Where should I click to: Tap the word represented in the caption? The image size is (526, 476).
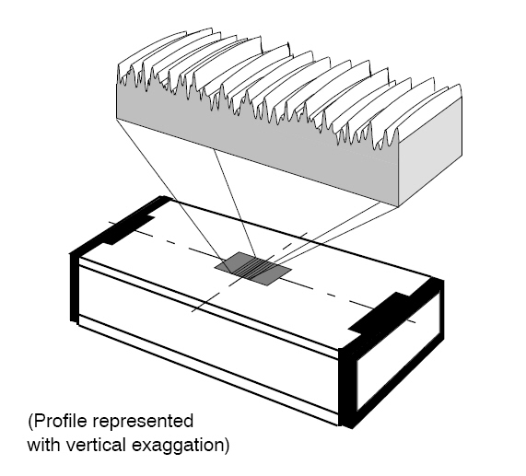[x=142, y=422]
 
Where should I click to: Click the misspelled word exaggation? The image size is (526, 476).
[x=177, y=447]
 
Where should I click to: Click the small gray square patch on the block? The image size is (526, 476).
[x=253, y=269]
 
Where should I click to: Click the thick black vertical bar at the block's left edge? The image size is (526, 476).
[x=74, y=287]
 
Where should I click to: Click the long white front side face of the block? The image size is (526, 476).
[x=209, y=339]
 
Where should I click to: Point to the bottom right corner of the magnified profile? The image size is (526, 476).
[x=398, y=206]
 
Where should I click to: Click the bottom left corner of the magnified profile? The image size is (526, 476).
[x=117, y=118]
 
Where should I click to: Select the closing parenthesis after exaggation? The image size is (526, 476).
[x=227, y=446]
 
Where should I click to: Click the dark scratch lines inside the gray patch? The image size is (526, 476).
[x=253, y=268]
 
